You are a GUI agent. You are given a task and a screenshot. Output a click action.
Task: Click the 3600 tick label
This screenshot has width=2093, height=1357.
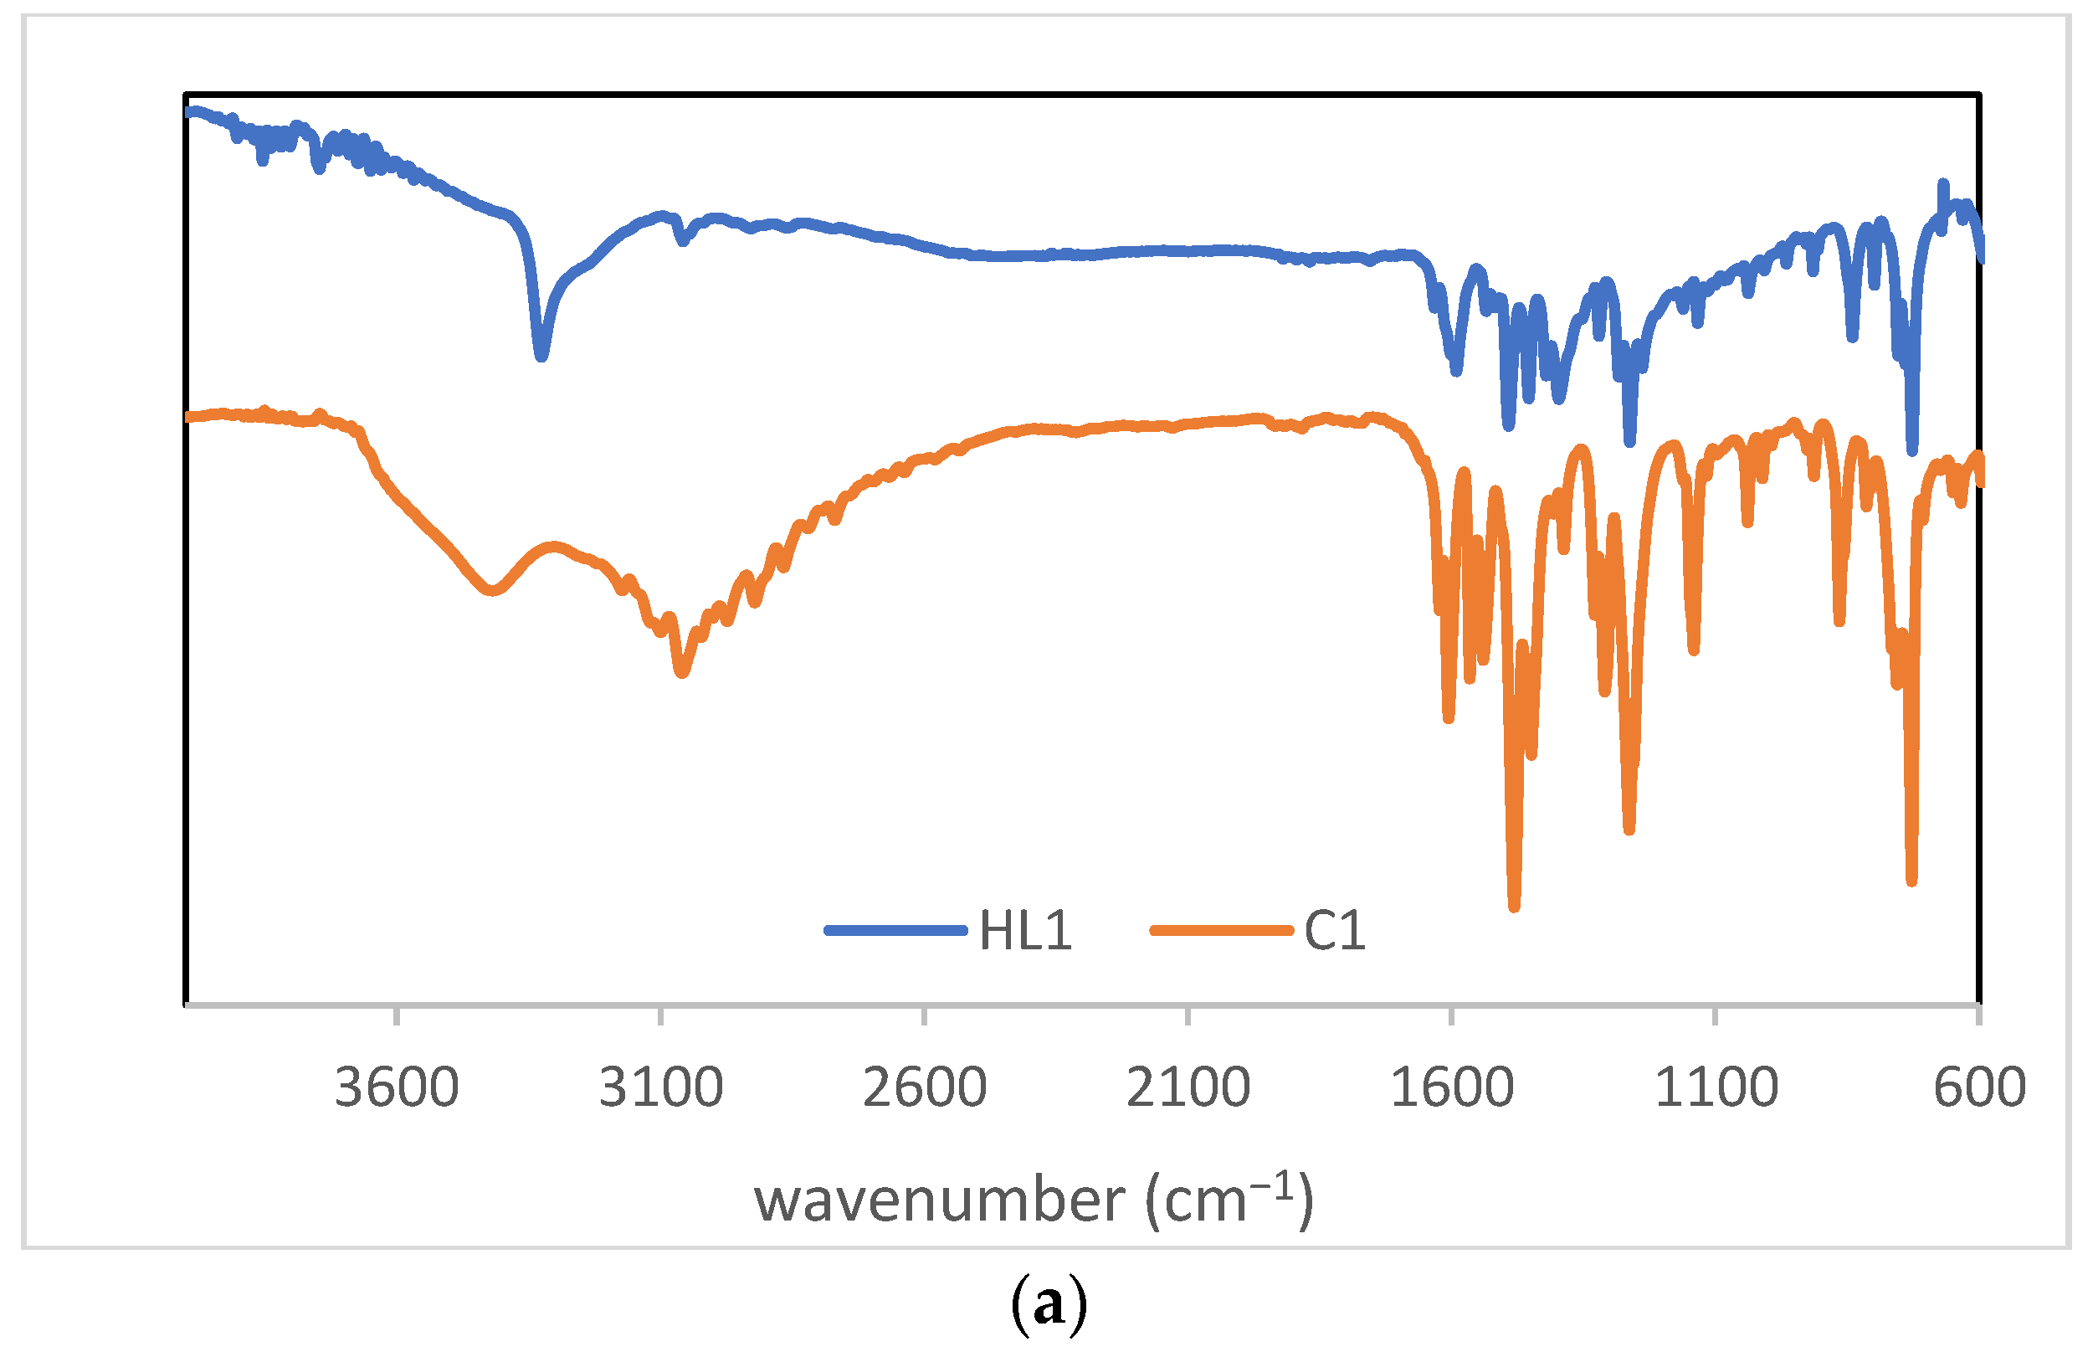(x=397, y=1088)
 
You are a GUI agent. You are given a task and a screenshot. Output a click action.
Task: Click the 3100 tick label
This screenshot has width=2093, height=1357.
(x=660, y=1088)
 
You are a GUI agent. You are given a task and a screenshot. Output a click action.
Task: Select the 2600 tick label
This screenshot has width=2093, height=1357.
(x=924, y=1088)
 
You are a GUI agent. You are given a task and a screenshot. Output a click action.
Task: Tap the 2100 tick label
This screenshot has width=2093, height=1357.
(x=1188, y=1088)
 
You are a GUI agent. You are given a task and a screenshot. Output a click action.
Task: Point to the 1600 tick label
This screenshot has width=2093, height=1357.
(x=1452, y=1088)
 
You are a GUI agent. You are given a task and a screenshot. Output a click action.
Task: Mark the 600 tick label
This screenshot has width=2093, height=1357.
(x=1979, y=1088)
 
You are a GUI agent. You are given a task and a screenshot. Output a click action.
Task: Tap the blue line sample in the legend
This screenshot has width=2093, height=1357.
(x=895, y=930)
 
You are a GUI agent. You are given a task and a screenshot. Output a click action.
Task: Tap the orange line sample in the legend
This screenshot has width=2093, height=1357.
(x=1221, y=930)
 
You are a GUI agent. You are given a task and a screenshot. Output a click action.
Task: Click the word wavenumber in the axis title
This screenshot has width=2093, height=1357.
(x=939, y=1200)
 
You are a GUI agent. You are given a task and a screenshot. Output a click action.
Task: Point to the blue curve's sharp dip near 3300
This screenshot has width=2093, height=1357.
(x=541, y=355)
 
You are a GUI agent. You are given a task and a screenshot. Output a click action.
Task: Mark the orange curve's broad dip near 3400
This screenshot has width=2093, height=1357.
(x=491, y=590)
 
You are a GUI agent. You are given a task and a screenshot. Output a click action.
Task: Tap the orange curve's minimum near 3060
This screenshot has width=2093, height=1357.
(x=681, y=673)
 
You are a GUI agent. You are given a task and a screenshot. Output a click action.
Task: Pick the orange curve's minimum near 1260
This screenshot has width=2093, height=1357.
(x=1629, y=829)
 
